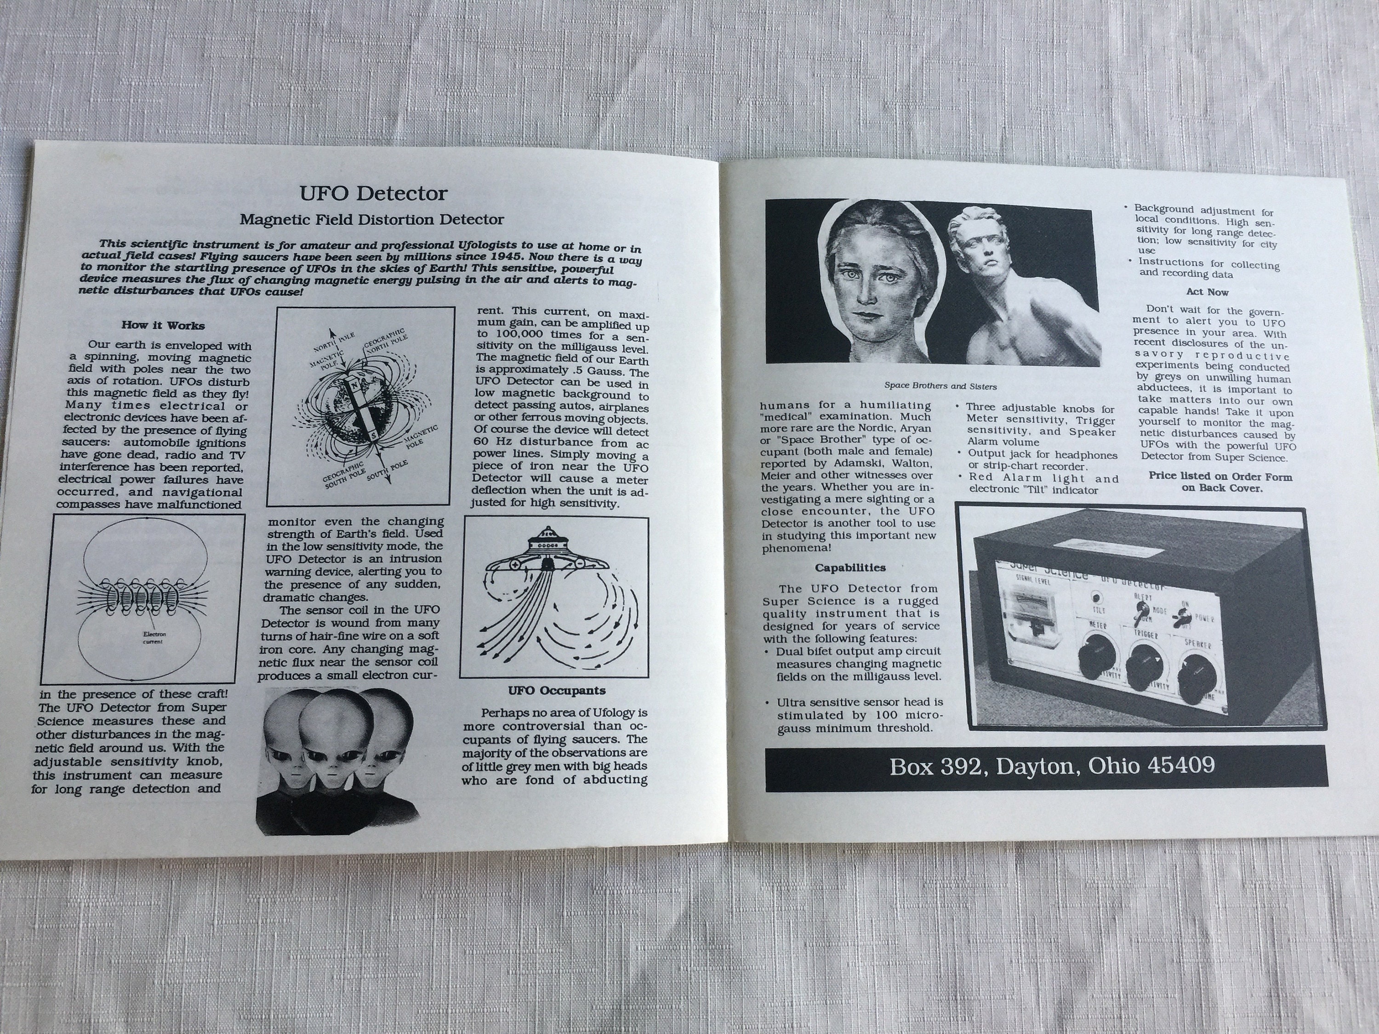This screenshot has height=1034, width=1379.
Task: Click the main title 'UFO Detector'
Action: coord(373,193)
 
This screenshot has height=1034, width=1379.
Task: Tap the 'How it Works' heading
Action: coord(163,325)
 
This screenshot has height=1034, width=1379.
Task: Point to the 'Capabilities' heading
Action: coord(850,568)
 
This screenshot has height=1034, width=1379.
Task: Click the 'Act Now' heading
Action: coord(1207,292)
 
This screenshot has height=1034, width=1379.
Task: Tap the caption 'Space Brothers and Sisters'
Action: coord(940,386)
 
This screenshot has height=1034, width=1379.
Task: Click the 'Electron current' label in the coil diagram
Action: coord(152,637)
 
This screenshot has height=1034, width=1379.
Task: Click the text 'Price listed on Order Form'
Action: coord(1220,477)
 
